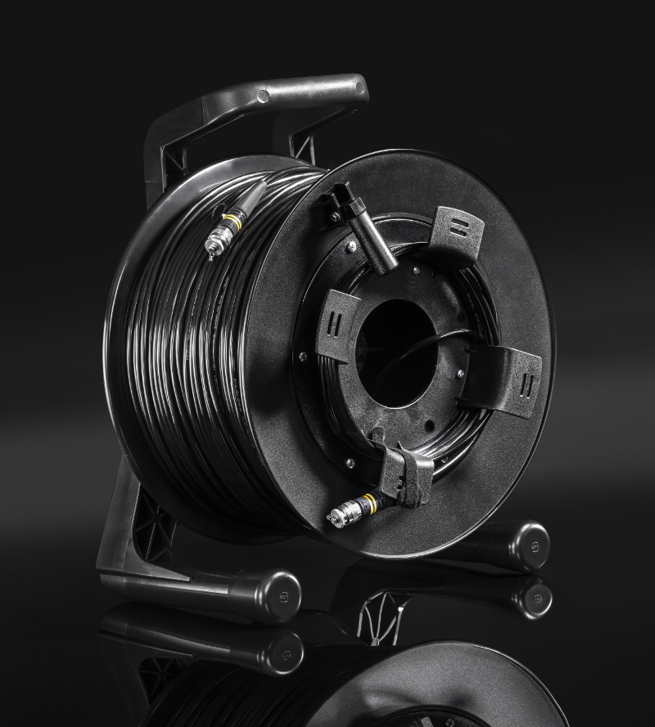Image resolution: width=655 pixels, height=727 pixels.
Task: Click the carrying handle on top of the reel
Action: pyautogui.click(x=270, y=98)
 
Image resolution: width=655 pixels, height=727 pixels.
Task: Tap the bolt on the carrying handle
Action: pyautogui.click(x=263, y=96)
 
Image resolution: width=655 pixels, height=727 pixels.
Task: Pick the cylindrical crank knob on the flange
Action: pyautogui.click(x=373, y=241)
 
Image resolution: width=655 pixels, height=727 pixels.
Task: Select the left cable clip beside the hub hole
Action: pyautogui.click(x=337, y=324)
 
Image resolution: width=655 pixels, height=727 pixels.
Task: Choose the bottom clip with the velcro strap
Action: pyautogui.click(x=406, y=475)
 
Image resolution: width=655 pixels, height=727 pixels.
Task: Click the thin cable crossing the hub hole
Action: pyautogui.click(x=418, y=348)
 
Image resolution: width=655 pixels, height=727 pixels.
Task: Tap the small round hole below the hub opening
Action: pyautogui.click(x=427, y=426)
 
